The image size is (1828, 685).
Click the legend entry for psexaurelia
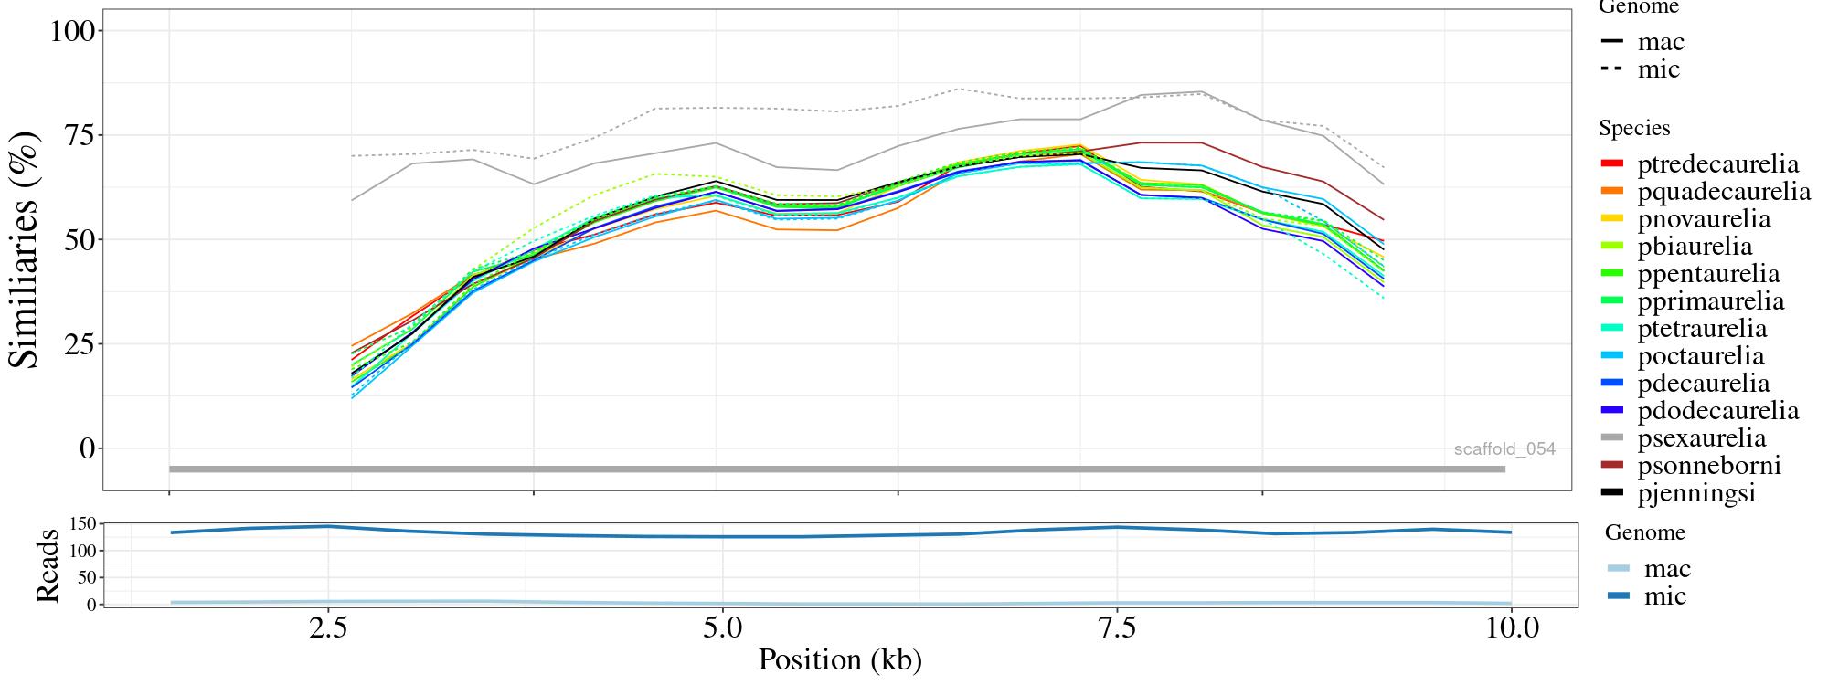[1701, 438]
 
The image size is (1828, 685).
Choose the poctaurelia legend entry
[1700, 356]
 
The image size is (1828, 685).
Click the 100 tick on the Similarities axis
[72, 31]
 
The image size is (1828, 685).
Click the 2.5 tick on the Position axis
[328, 629]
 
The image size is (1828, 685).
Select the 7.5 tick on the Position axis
[1117, 629]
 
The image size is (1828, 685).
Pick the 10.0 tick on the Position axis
[1512, 629]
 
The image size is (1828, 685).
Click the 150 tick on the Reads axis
[82, 524]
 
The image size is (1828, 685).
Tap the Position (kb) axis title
[840, 659]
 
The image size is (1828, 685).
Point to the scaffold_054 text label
[1504, 449]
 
